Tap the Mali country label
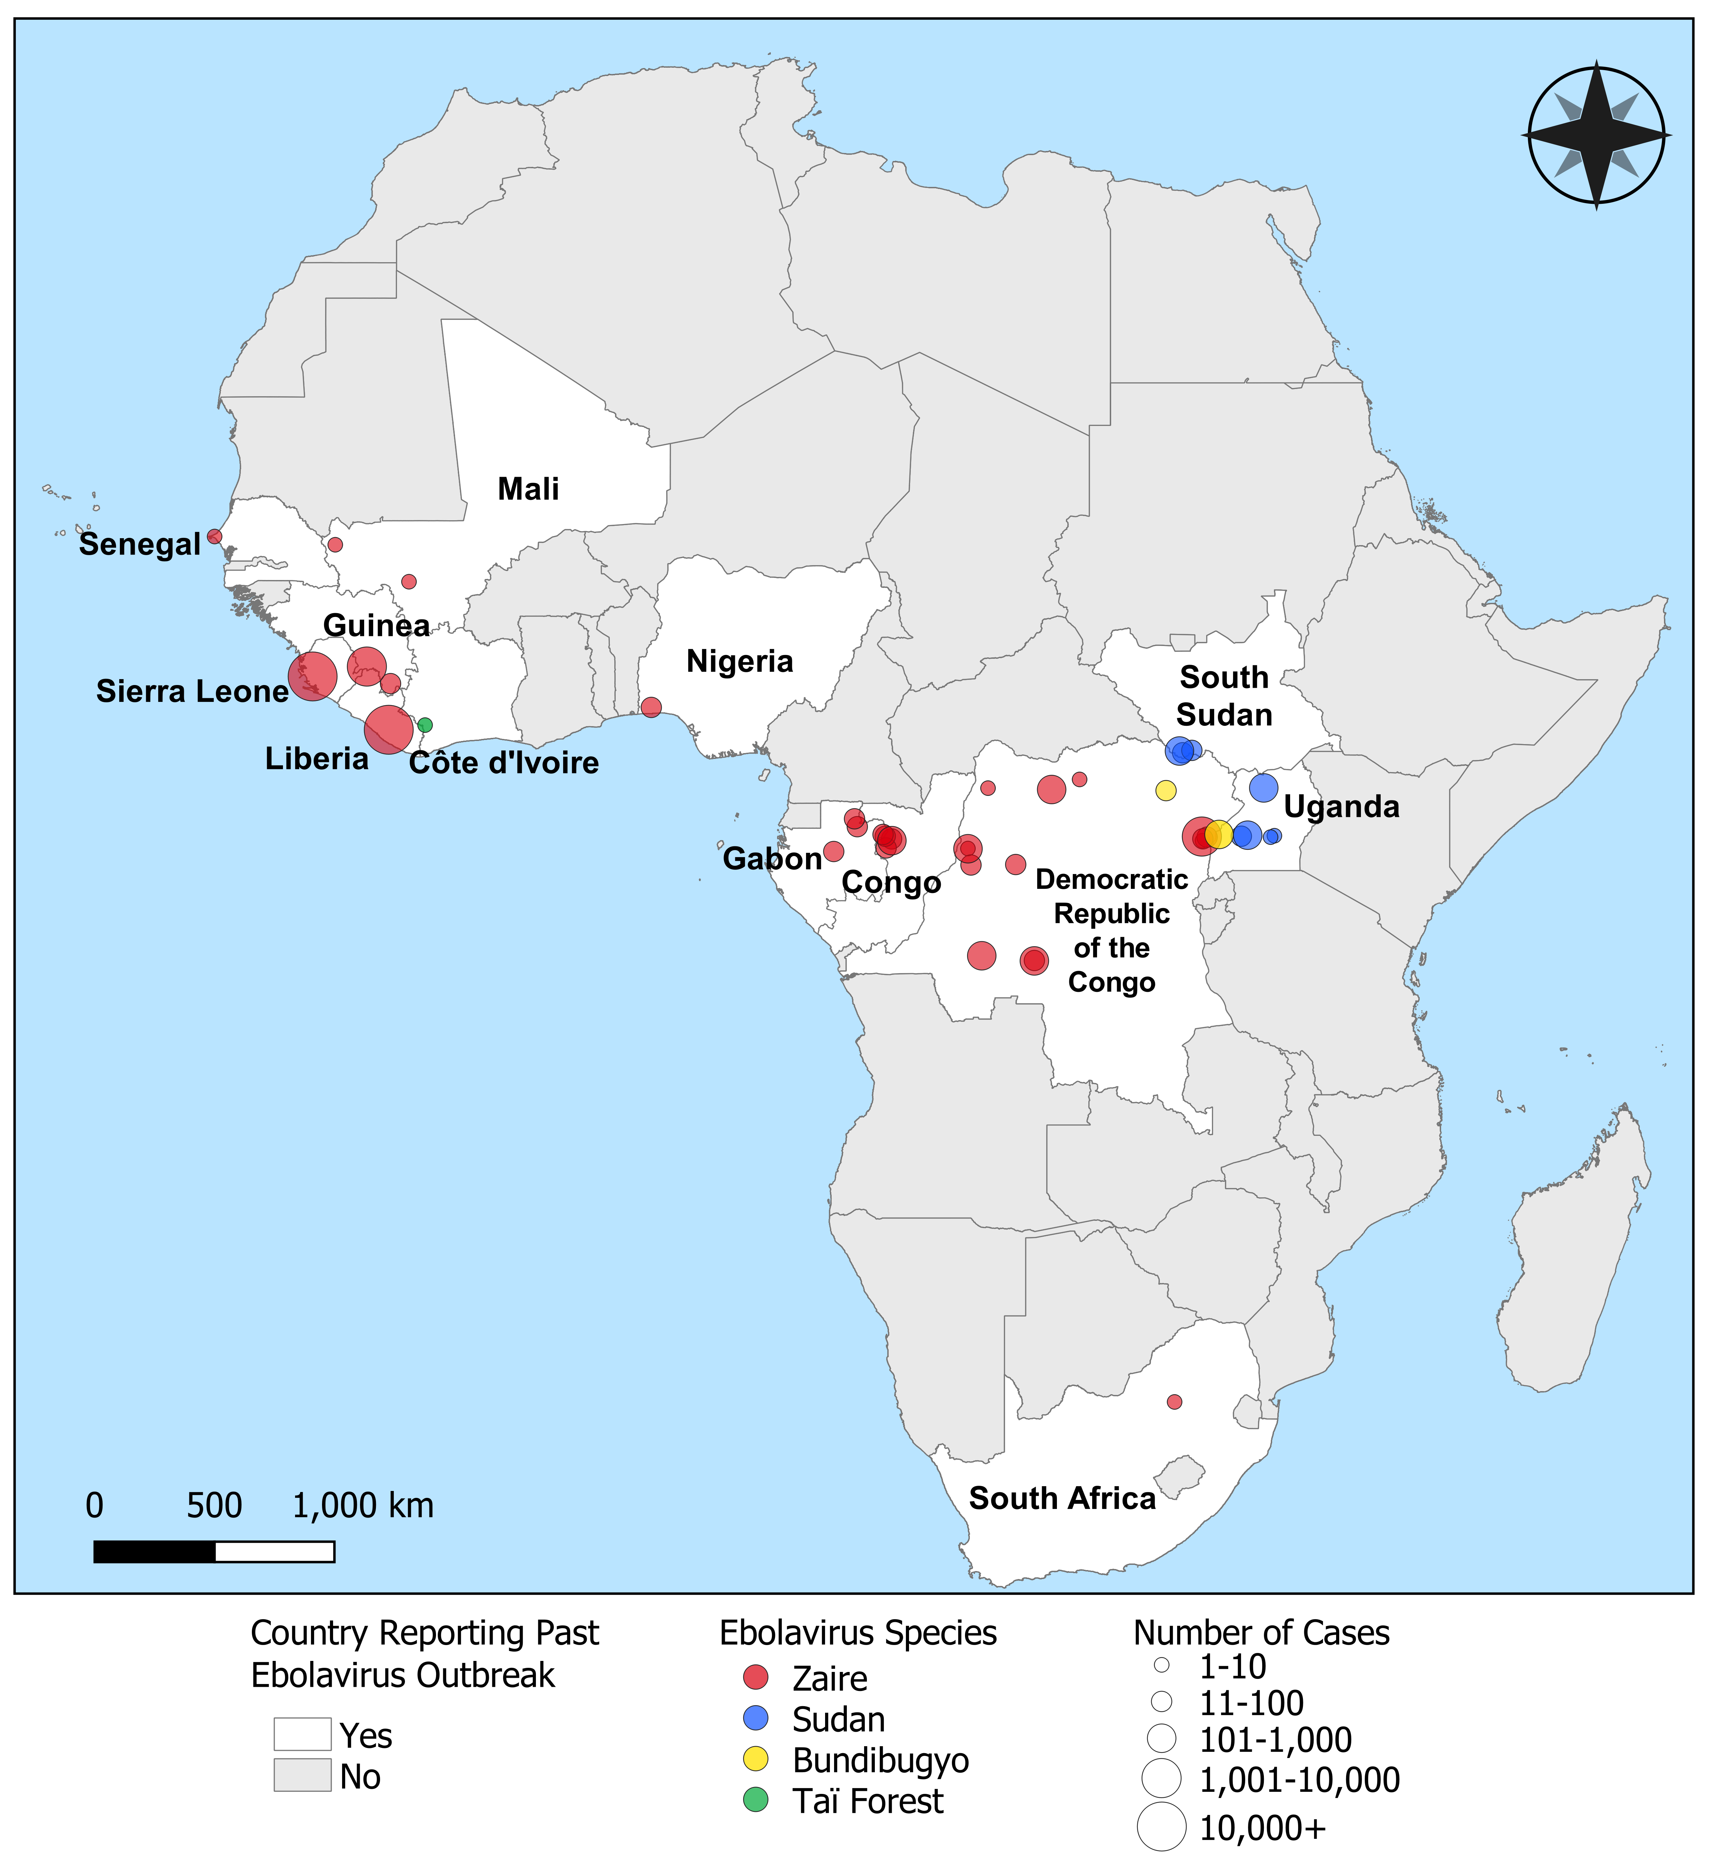point(528,489)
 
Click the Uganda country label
point(1341,807)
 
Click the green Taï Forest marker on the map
point(424,725)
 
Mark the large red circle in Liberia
point(388,730)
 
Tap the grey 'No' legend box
point(302,1776)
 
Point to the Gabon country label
point(772,859)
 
